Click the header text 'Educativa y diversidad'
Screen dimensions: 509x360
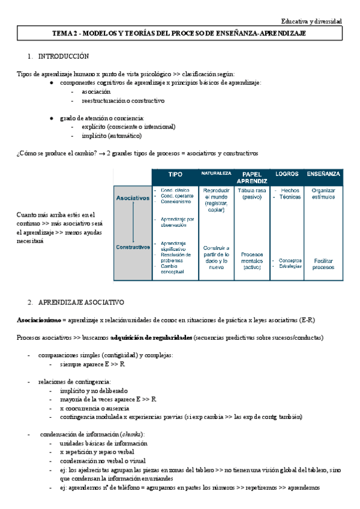(x=313, y=21)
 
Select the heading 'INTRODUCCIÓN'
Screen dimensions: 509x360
(x=64, y=56)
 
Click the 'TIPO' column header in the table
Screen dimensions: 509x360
(x=175, y=174)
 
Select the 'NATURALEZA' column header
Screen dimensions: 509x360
(x=216, y=173)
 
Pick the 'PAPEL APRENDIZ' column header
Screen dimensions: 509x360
(x=252, y=177)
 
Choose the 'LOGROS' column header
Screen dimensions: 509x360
(x=286, y=174)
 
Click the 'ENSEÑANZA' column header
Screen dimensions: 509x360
(x=324, y=174)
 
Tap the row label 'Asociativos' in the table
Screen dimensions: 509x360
(x=133, y=197)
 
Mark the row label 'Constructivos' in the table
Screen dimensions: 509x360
(x=133, y=247)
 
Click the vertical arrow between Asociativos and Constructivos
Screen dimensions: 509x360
(x=133, y=222)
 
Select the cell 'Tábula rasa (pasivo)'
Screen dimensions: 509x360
(x=252, y=194)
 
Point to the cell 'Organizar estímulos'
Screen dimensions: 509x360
(x=324, y=194)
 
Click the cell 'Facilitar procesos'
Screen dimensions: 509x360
(x=324, y=264)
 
